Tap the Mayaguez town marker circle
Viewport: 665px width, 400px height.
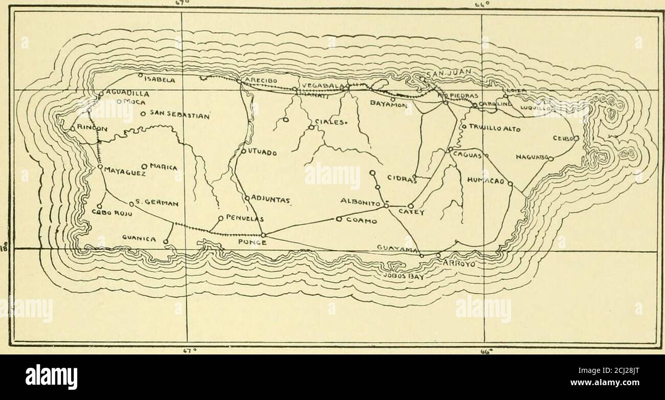[100, 167]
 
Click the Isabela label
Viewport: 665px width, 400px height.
[160, 80]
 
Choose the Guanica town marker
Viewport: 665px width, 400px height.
[166, 241]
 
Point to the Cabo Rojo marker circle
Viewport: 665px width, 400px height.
[99, 206]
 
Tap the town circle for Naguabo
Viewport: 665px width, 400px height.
[551, 159]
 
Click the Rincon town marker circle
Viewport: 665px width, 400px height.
[73, 129]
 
